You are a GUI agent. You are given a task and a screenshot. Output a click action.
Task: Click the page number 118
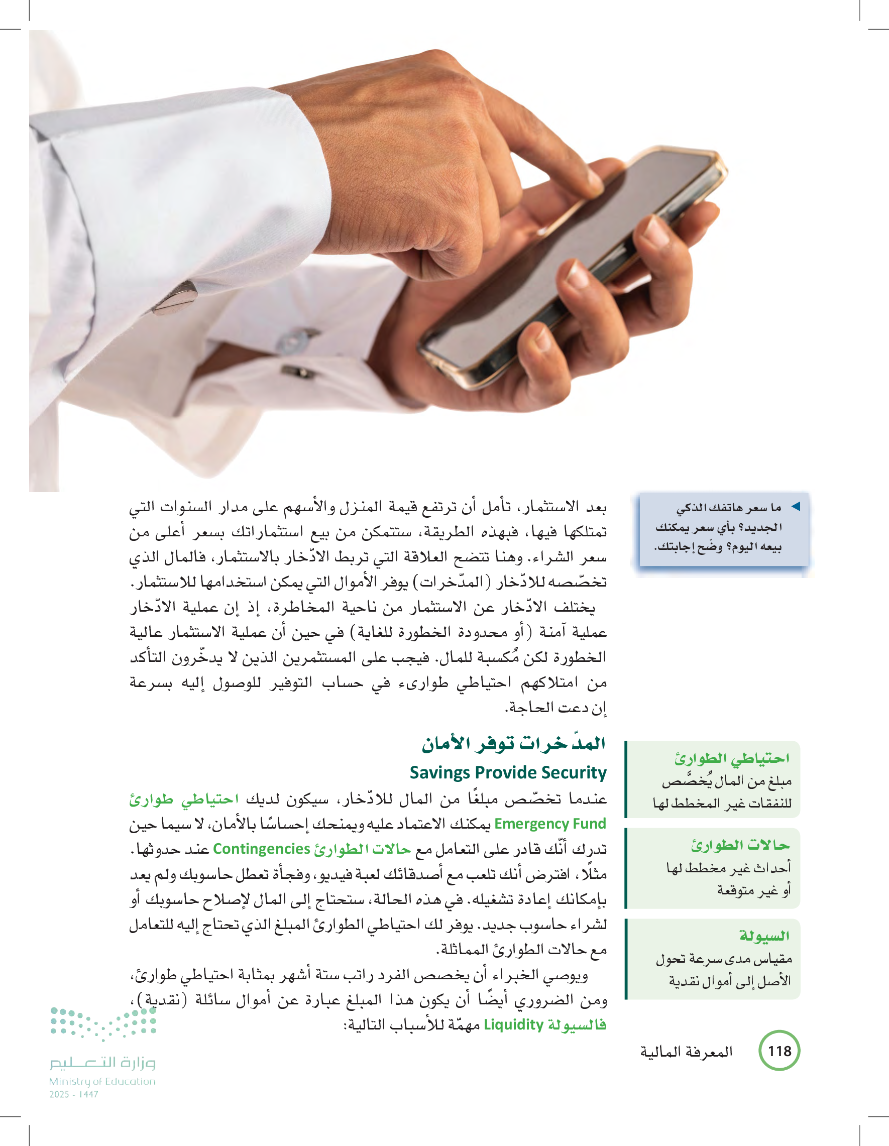[x=780, y=1051]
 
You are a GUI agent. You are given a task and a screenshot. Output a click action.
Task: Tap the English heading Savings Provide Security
[x=507, y=772]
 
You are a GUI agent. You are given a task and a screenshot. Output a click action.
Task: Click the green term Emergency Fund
[x=550, y=824]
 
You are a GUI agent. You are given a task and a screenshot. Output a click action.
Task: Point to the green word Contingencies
[x=261, y=849]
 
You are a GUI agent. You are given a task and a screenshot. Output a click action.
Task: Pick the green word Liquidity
[x=513, y=1025]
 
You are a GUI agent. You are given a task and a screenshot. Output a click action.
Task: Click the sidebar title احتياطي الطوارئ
[x=732, y=758]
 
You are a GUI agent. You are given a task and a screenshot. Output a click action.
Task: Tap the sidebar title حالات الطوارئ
[x=740, y=845]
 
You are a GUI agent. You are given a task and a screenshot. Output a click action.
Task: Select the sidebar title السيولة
[x=764, y=936]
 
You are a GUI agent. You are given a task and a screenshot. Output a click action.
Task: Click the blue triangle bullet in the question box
[x=796, y=506]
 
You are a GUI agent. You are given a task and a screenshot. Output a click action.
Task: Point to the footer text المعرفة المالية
[x=686, y=1052]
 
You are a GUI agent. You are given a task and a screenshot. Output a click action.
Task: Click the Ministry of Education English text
[x=102, y=1081]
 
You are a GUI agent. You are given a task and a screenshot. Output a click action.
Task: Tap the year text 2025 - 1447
[x=73, y=1094]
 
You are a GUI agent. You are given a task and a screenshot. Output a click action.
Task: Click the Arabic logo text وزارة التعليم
[x=102, y=1063]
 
